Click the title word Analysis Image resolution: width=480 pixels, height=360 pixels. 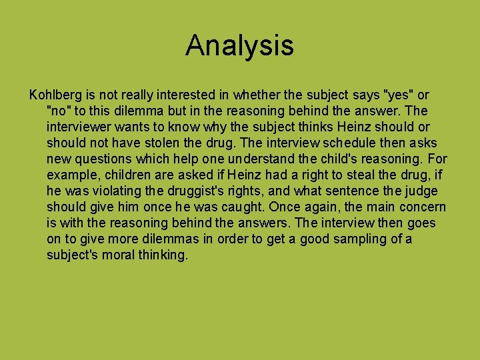point(239,45)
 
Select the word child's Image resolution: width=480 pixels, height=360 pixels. point(347,159)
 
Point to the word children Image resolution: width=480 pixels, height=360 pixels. point(121,175)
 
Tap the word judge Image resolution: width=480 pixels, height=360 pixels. point(421,191)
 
